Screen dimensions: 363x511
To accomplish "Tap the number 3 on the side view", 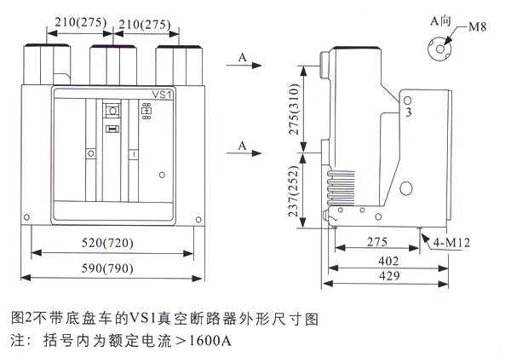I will (x=408, y=112).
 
